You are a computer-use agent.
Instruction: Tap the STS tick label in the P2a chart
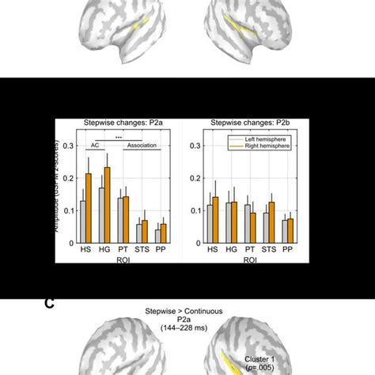tap(142, 250)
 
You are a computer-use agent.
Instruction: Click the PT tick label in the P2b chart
tap(250, 250)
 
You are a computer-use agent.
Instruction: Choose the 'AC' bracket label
tap(94, 145)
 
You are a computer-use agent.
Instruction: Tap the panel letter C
tap(49, 304)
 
